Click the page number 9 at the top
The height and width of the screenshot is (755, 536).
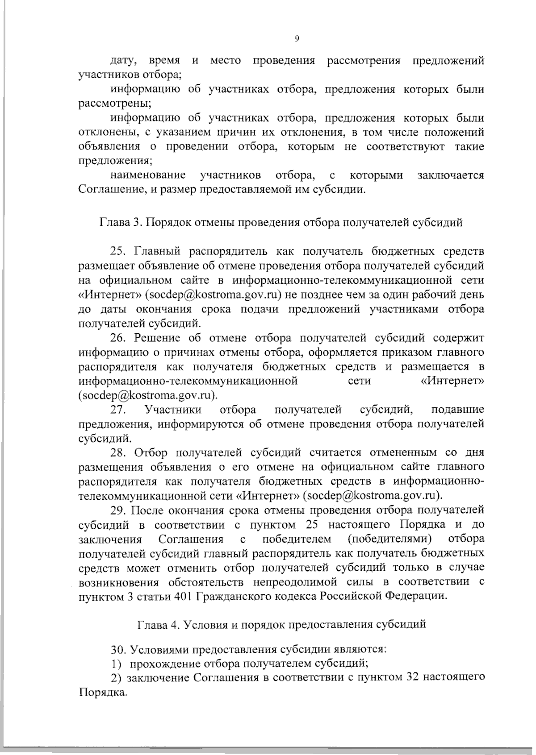click(x=297, y=39)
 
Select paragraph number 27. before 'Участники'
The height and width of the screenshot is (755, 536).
click(x=120, y=409)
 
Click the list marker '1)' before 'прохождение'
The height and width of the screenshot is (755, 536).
click(x=115, y=663)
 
